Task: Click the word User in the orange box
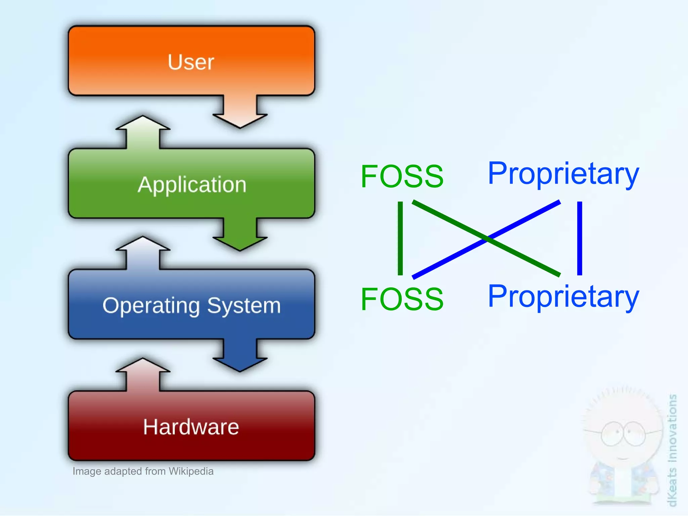(191, 62)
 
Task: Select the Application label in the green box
(192, 185)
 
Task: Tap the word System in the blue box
(244, 306)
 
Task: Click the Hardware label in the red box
(191, 427)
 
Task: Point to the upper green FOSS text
(402, 176)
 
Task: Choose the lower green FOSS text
(402, 299)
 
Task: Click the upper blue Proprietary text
(563, 174)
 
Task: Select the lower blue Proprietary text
(563, 296)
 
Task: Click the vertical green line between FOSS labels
(400, 238)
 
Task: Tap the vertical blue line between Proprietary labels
(579, 238)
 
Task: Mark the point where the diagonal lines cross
(487, 239)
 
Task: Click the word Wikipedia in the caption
(191, 471)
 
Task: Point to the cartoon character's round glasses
(623, 434)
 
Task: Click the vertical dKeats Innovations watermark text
(672, 450)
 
